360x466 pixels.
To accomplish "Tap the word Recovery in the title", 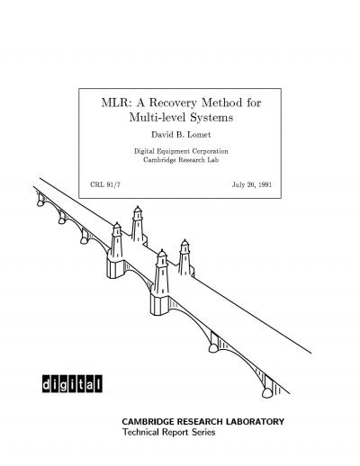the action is click(173, 103).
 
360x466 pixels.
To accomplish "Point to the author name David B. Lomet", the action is click(181, 135).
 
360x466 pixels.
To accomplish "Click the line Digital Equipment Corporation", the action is click(181, 151).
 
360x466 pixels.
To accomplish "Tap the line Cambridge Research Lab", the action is click(181, 160).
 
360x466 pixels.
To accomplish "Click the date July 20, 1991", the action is click(252, 184).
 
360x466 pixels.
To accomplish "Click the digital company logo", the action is click(72, 383).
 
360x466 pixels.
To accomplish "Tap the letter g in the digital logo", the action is click(64, 384).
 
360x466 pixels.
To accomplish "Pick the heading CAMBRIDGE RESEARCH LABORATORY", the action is click(202, 421).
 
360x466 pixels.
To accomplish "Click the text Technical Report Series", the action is click(168, 432).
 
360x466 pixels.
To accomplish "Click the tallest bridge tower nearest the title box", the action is click(138, 224).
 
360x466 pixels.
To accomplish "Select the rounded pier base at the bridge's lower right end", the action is click(267, 392).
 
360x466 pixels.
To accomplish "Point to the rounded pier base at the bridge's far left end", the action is click(40, 203).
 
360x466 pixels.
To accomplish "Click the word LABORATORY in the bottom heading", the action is click(255, 421).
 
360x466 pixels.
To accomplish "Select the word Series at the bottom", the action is click(203, 432).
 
